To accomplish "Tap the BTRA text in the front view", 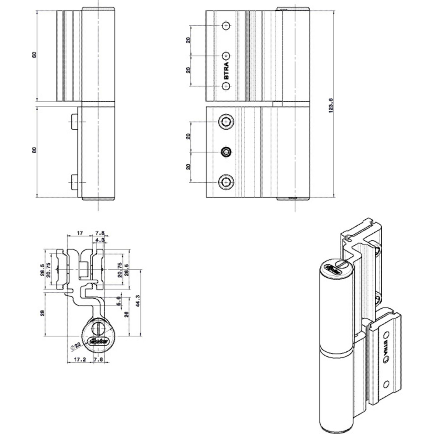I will [x=226, y=71].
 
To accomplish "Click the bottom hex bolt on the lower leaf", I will [x=226, y=182].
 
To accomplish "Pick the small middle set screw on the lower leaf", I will [x=225, y=152].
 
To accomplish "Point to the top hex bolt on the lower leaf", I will [x=226, y=122].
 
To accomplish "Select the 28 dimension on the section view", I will [x=43, y=314].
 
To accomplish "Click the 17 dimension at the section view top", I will [x=80, y=233].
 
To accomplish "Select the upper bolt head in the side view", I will [x=74, y=122].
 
